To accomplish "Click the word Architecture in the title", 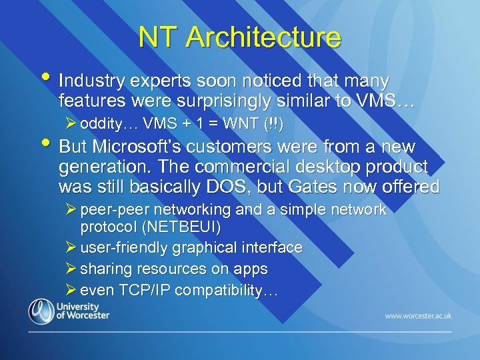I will tap(263, 37).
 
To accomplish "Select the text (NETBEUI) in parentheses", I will tap(185, 227).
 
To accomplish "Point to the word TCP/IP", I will tap(143, 291).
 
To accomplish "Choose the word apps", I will tap(251, 269).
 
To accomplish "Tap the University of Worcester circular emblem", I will tap(41, 311).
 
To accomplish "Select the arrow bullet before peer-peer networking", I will tap(72, 209).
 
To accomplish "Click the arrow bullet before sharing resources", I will tap(72, 269).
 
